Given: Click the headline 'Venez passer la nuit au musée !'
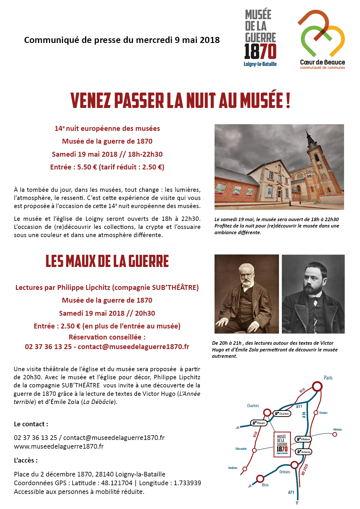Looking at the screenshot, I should tap(180, 100).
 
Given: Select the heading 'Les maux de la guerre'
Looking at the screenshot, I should tap(107, 261).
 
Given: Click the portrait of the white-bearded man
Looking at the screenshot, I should tap(246, 294).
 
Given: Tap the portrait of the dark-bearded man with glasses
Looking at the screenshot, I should tap(313, 294).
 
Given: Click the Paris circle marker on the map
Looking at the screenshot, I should tap(317, 387).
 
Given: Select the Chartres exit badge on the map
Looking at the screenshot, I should tap(282, 414).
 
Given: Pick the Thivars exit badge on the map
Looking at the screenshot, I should tap(259, 423).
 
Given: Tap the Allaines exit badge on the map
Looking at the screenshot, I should tap(303, 439).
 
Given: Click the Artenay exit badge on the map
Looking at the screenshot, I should tap(303, 452).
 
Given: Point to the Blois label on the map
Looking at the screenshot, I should tap(265, 485).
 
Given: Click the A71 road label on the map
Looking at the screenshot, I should tap(291, 492).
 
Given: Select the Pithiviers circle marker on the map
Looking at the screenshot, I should tap(335, 434).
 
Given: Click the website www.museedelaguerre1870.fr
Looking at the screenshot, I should tap(59, 446).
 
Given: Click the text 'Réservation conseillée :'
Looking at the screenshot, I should tap(107, 337).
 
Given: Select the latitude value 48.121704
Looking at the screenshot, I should tap(117, 483).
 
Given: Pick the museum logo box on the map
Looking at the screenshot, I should tap(282, 444).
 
